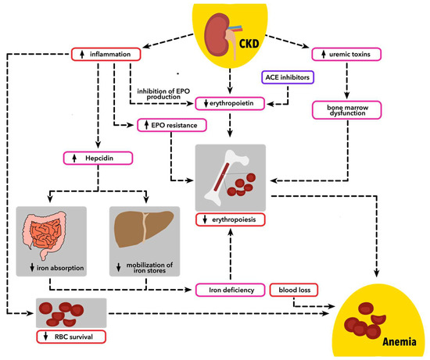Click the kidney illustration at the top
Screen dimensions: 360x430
pyautogui.click(x=217, y=36)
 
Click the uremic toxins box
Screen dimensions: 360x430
pyautogui.click(x=345, y=54)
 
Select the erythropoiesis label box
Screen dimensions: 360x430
pyautogui.click(x=229, y=219)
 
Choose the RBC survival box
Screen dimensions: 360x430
pyautogui.click(x=71, y=337)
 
